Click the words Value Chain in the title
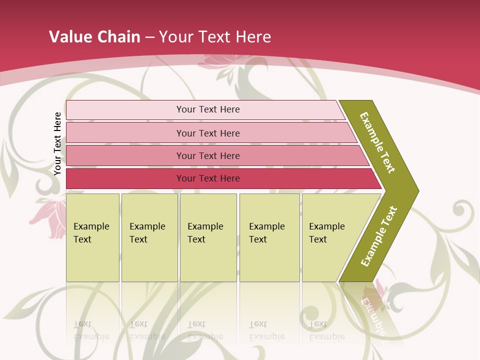tap(94, 37)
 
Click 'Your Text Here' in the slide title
tap(215, 37)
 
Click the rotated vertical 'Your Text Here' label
tap(57, 144)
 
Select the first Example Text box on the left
tap(92, 237)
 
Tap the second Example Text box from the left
tap(149, 237)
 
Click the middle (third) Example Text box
tap(208, 237)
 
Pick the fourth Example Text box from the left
tap(269, 237)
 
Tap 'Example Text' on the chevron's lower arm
tap(379, 236)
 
